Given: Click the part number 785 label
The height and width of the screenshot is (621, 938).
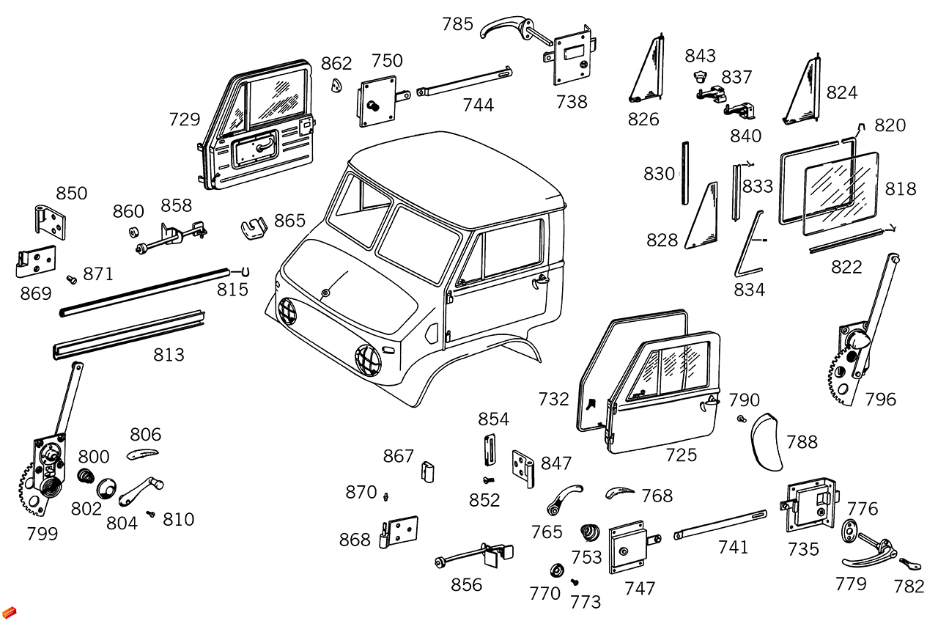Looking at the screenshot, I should (457, 24).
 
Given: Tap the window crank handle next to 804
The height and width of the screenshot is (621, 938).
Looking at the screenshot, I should (140, 491).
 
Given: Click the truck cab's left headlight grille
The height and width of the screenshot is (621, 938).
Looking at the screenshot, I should (288, 313).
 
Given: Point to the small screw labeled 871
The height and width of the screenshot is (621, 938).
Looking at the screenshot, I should (72, 279).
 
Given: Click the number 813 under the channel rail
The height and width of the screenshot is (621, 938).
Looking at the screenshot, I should (169, 355).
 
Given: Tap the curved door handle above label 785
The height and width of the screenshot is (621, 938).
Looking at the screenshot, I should (506, 29).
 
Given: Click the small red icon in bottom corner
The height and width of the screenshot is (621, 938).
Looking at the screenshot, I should (9, 611).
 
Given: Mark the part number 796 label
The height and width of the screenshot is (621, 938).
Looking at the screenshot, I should (880, 400).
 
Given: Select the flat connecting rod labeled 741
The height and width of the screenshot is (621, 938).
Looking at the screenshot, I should (719, 524).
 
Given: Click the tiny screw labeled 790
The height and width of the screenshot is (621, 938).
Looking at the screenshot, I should (742, 419).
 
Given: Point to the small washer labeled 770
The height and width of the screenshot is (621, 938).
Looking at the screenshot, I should (556, 570).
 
